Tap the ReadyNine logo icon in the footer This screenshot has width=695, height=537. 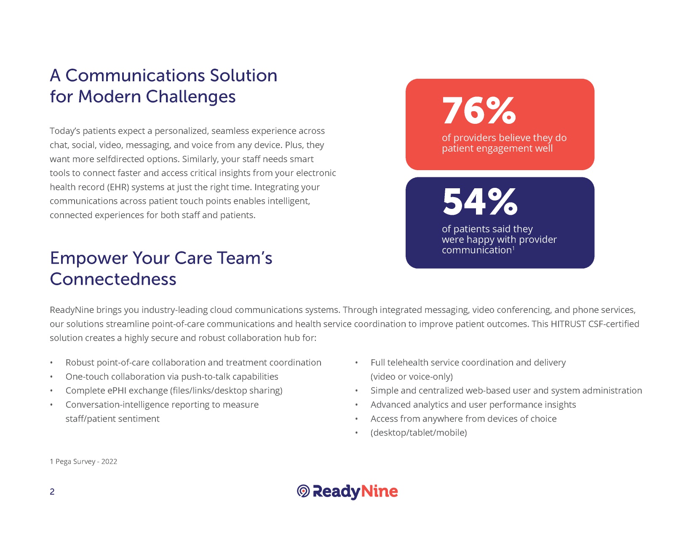point(303,491)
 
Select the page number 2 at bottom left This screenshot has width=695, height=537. point(52,492)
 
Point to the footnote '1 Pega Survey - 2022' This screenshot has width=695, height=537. point(83,461)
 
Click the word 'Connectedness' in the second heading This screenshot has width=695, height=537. point(113,279)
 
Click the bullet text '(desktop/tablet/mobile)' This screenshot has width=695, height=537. point(419,433)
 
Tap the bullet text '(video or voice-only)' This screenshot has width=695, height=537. point(412,377)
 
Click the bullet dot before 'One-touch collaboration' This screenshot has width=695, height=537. point(51,377)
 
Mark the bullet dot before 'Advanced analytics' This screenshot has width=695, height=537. point(356,405)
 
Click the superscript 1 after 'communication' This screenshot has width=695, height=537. point(513,248)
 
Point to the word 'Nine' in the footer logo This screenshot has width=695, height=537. point(380,491)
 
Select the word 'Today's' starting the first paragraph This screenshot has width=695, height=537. point(65,131)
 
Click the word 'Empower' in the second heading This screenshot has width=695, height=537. point(88,258)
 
